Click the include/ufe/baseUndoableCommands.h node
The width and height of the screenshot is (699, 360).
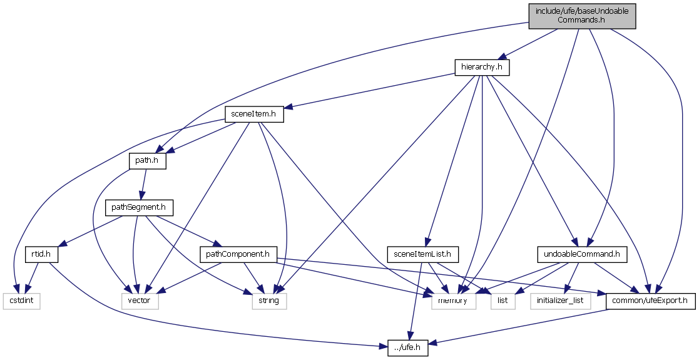582,16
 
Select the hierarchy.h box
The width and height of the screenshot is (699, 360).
482,67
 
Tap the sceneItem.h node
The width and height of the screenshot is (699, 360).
254,115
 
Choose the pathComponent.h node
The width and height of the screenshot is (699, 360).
238,254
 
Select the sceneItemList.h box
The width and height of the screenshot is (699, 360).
423,254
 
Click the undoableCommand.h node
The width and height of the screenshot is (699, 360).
583,254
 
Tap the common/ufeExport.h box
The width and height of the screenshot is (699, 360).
651,301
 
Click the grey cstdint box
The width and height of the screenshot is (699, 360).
21,301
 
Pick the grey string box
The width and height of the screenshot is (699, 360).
269,301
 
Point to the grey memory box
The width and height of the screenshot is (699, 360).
454,301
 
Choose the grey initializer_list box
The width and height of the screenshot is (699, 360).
561,301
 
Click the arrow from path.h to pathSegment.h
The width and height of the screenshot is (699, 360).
143,184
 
